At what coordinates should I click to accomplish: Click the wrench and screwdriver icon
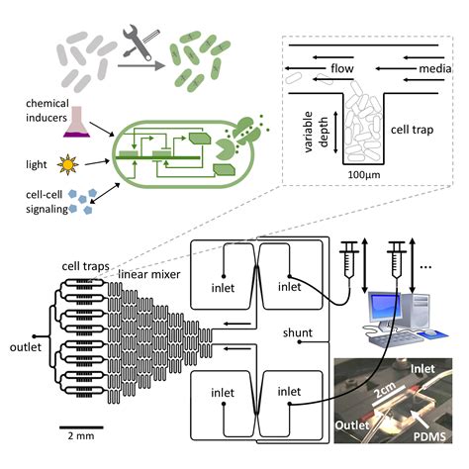coord(141,42)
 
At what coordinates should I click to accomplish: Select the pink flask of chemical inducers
coord(76,122)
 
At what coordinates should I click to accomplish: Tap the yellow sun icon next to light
coord(67,164)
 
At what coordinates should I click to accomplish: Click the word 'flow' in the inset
coord(342,68)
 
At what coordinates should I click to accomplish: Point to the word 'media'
coord(435,68)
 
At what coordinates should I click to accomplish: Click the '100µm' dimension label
coord(364,174)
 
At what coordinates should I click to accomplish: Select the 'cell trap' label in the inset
coord(412,130)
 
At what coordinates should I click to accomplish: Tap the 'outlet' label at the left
coord(26,347)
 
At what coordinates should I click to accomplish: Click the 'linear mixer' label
coord(149,274)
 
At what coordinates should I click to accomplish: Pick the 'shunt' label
coord(298,332)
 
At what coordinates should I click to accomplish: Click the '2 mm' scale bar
coord(81,427)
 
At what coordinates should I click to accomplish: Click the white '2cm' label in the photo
coord(385,390)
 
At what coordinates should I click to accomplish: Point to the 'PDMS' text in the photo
coord(429,436)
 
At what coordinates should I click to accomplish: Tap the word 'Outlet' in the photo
coord(352,425)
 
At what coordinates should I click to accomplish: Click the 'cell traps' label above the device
coord(85,266)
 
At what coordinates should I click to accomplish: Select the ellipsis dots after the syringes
coord(425,267)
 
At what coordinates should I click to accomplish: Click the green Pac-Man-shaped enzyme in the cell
coord(226,149)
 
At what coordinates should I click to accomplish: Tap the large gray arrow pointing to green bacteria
coord(141,66)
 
